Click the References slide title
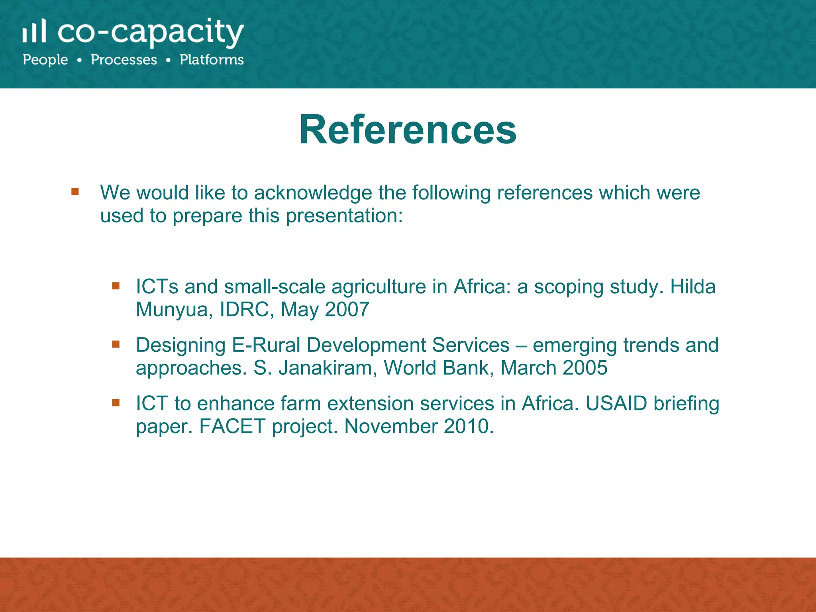pyautogui.click(x=408, y=130)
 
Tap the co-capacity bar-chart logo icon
pyautogui.click(x=34, y=31)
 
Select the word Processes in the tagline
pyautogui.click(x=124, y=60)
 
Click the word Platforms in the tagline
pyautogui.click(x=212, y=60)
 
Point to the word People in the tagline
pyautogui.click(x=45, y=60)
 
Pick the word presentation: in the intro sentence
pyautogui.click(x=344, y=216)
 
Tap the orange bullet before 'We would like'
pyautogui.click(x=75, y=192)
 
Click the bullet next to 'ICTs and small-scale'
pyautogui.click(x=116, y=286)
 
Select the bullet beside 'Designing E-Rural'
pyautogui.click(x=116, y=344)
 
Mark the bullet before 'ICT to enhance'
pyautogui.click(x=116, y=403)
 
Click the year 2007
pyautogui.click(x=347, y=309)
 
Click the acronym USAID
pyautogui.click(x=616, y=403)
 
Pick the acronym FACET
pyautogui.click(x=232, y=426)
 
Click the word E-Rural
pyautogui.click(x=266, y=345)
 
